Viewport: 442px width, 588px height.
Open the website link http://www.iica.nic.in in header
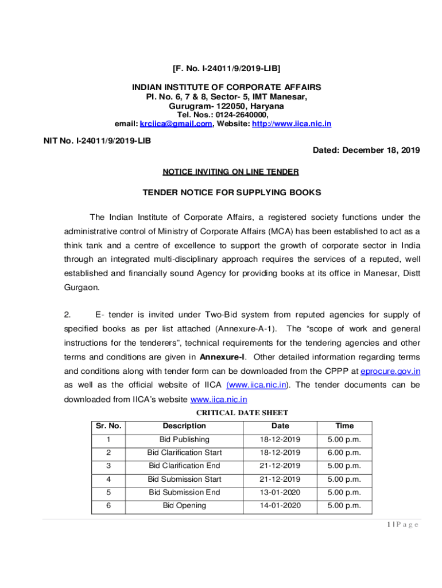point(291,124)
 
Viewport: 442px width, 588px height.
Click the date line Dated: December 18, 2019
point(366,150)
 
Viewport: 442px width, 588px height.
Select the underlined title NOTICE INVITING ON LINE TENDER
point(231,172)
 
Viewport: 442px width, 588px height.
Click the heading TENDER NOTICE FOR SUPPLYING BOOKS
point(231,193)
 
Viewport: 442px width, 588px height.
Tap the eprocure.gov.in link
point(390,372)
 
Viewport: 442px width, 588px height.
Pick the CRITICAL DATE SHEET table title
point(242,412)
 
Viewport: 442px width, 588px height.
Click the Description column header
point(184,426)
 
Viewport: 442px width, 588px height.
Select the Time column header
point(344,426)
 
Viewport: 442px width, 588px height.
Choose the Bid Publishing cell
point(184,440)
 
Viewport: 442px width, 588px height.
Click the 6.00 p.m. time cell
point(344,453)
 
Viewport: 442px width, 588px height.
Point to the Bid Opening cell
point(184,506)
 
